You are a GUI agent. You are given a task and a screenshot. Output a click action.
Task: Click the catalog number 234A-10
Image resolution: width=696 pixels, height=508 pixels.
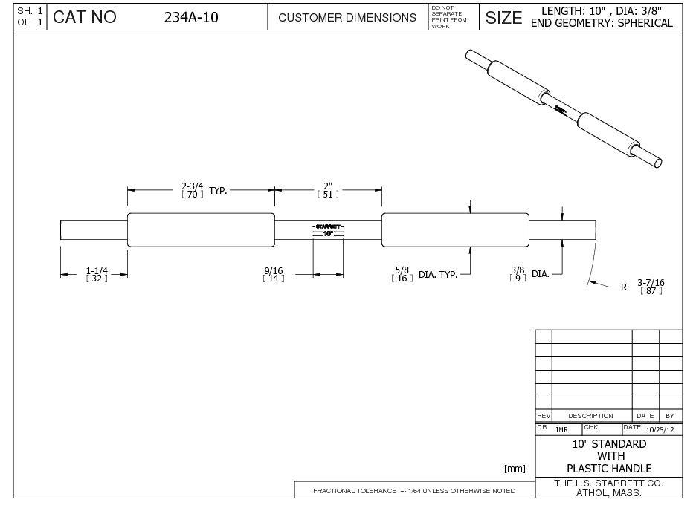[x=191, y=17]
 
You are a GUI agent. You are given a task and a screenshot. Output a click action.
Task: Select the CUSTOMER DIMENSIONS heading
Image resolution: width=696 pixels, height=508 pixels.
[x=347, y=18]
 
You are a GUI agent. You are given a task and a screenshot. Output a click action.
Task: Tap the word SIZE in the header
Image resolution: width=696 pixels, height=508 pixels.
[x=503, y=18]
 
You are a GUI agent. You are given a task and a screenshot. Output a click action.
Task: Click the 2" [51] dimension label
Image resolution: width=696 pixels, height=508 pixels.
[x=328, y=189]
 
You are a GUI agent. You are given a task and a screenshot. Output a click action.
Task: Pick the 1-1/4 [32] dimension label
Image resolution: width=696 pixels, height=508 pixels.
[x=97, y=274]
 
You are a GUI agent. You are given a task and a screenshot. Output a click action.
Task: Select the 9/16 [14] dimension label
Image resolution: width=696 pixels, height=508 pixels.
[x=274, y=274]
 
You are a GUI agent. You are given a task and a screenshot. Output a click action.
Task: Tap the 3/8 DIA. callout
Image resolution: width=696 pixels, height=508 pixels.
[x=529, y=273]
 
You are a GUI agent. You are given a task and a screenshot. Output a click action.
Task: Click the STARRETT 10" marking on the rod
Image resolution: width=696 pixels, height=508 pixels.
[x=328, y=229]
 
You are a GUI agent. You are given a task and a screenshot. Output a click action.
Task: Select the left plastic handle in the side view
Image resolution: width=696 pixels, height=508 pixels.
[x=201, y=229]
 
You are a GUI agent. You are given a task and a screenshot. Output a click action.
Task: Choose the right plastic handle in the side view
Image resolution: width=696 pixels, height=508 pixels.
[x=455, y=229]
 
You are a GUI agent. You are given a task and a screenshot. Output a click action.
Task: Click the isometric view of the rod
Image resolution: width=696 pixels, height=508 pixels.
[x=564, y=108]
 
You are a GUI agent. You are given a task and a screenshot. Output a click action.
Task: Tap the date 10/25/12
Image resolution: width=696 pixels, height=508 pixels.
[x=660, y=429]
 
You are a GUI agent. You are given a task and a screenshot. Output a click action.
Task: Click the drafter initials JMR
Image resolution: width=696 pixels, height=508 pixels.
[x=561, y=429]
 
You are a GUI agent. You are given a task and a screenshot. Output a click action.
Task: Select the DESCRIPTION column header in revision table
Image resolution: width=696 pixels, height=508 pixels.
[x=591, y=416]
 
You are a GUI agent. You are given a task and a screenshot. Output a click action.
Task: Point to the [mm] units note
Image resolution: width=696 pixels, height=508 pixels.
[x=515, y=469]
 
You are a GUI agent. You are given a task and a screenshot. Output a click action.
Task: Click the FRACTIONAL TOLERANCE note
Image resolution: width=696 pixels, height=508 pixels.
[x=414, y=491]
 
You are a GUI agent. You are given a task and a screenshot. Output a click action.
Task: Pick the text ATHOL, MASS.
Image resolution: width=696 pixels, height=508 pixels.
[x=609, y=492]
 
